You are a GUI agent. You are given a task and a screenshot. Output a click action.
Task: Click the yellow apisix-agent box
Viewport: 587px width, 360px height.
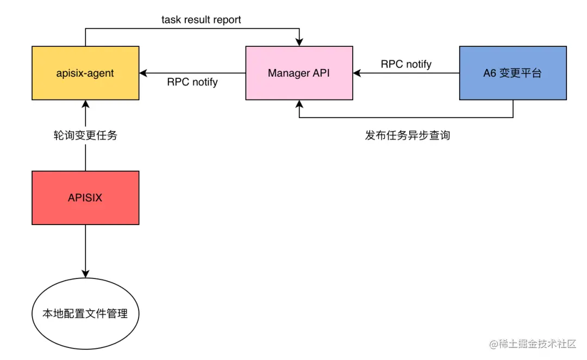click(x=85, y=73)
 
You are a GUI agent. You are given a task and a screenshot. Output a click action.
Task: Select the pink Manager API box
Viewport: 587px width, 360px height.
click(x=298, y=73)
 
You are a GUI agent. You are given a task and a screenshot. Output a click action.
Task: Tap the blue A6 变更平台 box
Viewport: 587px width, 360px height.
click(x=513, y=73)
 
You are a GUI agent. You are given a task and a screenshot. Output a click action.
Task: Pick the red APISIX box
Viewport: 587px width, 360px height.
click(x=85, y=197)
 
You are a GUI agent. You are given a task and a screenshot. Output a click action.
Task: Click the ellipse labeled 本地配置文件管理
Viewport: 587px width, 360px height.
click(x=85, y=313)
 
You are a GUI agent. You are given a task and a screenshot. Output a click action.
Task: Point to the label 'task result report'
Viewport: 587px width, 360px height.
click(x=201, y=20)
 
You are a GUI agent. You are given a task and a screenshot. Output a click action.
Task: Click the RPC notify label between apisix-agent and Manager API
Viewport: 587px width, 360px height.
click(x=192, y=82)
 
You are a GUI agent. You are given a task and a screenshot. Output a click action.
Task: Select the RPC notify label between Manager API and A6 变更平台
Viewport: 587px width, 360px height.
click(x=406, y=64)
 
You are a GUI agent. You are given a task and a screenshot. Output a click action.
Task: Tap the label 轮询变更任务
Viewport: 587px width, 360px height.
click(x=85, y=136)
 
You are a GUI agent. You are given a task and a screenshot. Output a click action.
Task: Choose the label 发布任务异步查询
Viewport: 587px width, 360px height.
click(x=407, y=135)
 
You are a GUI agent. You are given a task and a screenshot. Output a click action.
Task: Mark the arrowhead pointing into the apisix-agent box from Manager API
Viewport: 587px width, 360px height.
click(x=143, y=73)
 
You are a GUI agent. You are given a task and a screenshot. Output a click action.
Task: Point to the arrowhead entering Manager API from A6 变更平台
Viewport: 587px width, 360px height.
click(x=357, y=73)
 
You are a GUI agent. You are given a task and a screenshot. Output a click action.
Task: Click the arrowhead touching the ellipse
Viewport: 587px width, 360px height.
click(x=85, y=274)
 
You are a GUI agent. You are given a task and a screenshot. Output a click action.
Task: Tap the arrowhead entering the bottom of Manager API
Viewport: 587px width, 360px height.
click(x=298, y=104)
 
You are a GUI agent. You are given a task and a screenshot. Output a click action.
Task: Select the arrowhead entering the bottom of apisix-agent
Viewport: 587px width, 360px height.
click(x=85, y=104)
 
